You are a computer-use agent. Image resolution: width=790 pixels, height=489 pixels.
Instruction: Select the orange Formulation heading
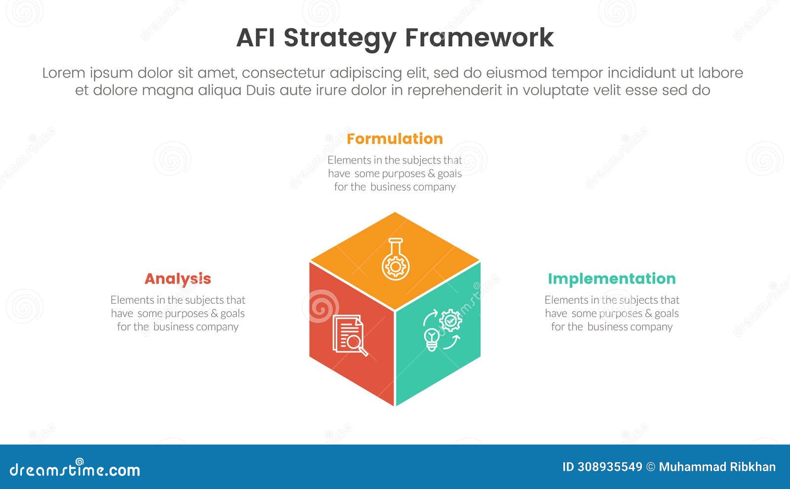coord(395,139)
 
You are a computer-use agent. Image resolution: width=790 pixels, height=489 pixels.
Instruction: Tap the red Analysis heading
coord(178,279)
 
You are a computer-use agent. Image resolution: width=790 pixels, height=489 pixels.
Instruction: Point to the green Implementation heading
coord(612,279)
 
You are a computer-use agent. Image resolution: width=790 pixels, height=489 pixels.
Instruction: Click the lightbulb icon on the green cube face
coord(432,339)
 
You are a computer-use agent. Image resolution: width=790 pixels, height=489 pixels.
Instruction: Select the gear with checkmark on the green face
coord(450,320)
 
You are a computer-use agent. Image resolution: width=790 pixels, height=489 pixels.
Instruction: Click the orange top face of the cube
coord(395,232)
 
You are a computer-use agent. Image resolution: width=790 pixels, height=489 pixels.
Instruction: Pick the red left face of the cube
coord(346,366)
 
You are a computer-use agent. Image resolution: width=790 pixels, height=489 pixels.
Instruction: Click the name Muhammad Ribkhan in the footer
coord(717,467)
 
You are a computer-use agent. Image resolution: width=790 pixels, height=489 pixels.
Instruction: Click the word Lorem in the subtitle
coord(63,73)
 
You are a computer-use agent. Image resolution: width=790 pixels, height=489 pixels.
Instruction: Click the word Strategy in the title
coord(340,38)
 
